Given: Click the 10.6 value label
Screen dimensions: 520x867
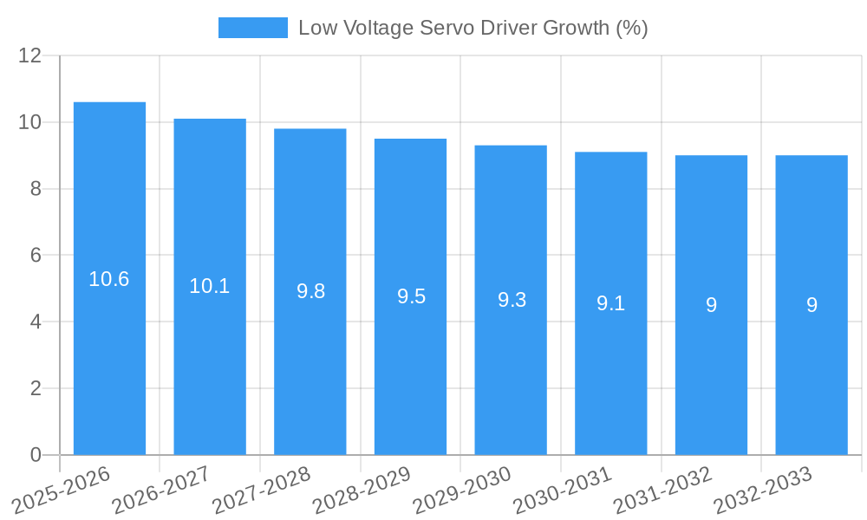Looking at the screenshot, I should pos(109,279).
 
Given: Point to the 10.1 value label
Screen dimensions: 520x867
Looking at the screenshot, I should pos(210,286).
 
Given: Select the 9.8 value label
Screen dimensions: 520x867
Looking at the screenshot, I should pos(310,291).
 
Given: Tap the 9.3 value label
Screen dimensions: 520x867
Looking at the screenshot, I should pos(512,300).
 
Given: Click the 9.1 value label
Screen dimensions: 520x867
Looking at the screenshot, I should pos(610,303).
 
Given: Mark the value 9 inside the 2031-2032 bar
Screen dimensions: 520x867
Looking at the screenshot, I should pos(711,305).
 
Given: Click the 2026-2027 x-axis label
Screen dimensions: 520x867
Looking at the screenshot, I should pos(161,490).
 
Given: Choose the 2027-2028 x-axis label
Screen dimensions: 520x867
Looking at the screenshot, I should pos(261,490).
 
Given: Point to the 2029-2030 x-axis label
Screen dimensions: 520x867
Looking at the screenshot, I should pos(462,490).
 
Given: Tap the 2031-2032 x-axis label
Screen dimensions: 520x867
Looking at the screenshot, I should pos(662,490).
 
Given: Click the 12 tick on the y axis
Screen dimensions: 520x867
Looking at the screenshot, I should pos(30,56).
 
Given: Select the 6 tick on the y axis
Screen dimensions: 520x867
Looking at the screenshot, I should pos(36,256).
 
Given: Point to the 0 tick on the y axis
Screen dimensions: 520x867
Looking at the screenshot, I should pos(36,455).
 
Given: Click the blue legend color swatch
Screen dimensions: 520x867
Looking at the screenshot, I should pos(252,28).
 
